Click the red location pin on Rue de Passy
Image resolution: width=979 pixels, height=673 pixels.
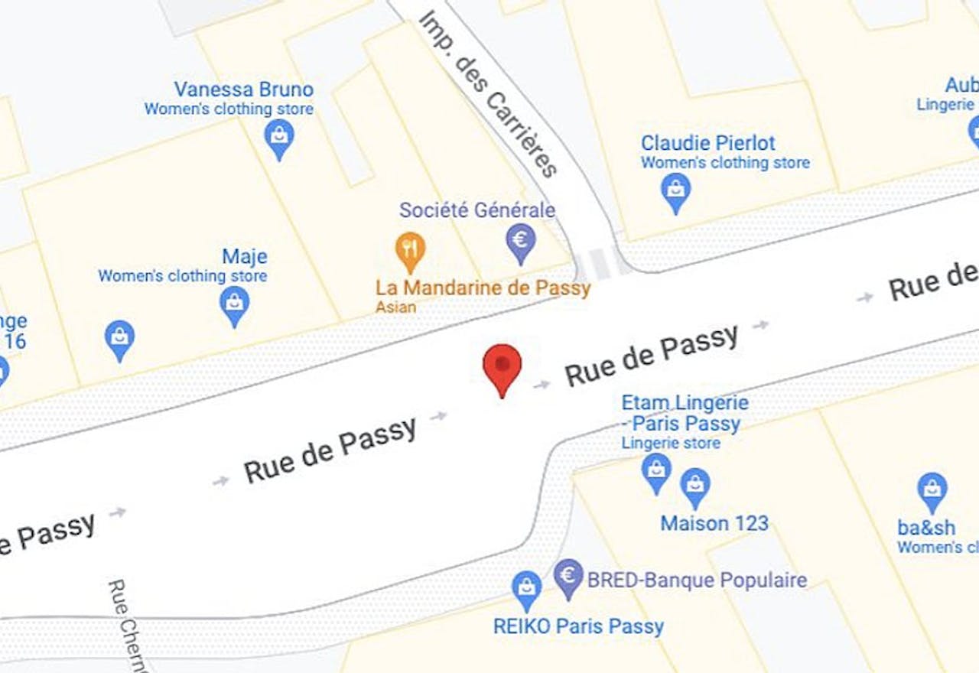502,367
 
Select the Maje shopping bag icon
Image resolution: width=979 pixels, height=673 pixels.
234,305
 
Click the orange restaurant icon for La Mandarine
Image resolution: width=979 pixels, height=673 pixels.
410,249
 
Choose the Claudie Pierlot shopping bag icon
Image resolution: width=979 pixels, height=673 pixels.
676,190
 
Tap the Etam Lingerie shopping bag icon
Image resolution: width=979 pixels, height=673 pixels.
656,470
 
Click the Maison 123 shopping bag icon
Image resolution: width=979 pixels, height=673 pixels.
695,486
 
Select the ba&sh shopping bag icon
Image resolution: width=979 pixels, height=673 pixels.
932,490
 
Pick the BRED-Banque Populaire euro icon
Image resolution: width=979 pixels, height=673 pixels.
568,577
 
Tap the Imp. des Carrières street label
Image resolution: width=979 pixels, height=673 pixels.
487,93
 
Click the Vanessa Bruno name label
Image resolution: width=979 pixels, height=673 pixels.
243,89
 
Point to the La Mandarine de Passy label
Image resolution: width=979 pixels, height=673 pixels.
483,288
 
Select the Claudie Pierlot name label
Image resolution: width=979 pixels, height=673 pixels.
707,143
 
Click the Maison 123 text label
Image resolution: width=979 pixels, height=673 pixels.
714,524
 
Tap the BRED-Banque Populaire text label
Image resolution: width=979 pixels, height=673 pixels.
697,580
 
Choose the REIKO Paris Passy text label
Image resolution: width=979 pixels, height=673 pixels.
578,626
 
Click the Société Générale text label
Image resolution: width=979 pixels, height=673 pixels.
477,210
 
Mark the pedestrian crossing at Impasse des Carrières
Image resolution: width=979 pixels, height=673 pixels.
597,264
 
